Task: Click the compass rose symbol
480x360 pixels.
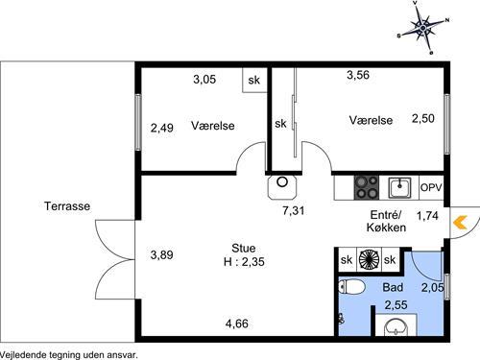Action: point(423,28)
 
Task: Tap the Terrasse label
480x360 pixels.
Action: point(67,206)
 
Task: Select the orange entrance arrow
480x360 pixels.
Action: point(460,223)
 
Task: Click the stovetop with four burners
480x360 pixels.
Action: point(367,187)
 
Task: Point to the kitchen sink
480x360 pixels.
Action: point(399,187)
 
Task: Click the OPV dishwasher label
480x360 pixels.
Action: point(431,187)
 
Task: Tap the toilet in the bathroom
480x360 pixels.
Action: point(351,287)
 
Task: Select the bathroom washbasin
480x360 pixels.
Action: point(396,326)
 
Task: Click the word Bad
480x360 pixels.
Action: point(393,287)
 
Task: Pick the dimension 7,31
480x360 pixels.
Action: point(294,210)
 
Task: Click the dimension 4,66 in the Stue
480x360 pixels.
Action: point(237,324)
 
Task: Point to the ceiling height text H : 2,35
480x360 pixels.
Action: point(244,262)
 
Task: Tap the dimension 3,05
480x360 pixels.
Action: point(204,79)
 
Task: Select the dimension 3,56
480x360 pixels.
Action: point(358,75)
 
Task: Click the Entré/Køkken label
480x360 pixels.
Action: point(386,221)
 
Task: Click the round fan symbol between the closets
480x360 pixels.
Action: point(369,259)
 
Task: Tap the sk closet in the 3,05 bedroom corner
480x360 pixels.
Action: point(254,80)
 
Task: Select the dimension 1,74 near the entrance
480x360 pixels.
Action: point(427,216)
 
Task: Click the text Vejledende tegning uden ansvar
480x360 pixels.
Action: point(69,355)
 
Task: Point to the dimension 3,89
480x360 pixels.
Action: point(161,255)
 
